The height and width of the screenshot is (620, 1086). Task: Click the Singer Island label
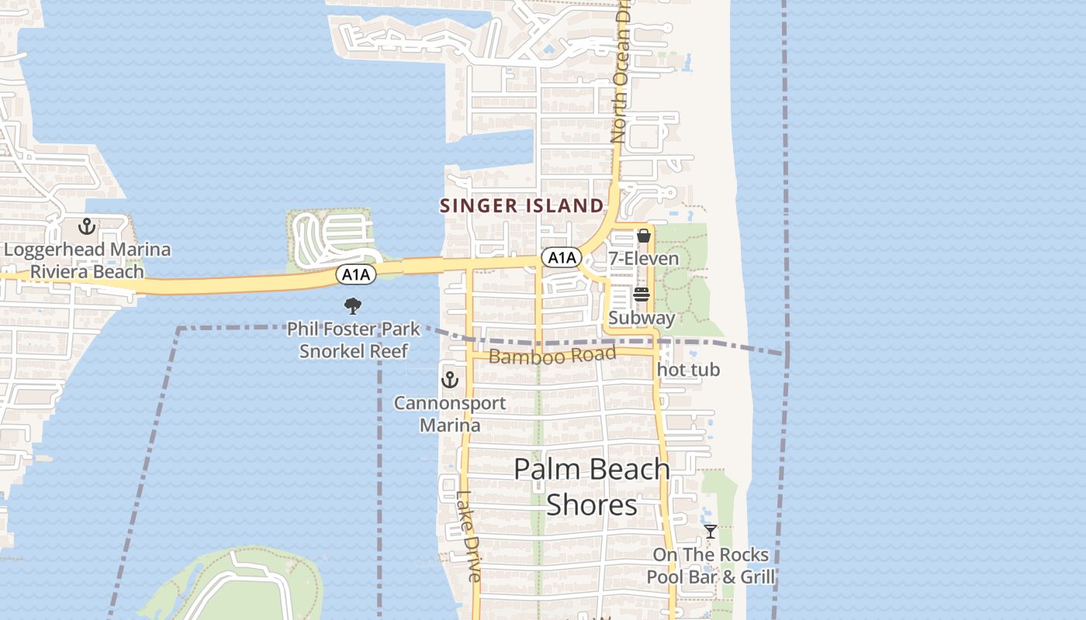(521, 205)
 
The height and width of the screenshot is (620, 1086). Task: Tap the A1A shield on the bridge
(356, 274)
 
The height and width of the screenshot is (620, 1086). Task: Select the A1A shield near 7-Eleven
(561, 258)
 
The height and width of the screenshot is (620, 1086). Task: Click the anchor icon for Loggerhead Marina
(87, 227)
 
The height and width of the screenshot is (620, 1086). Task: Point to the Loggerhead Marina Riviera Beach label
(87, 260)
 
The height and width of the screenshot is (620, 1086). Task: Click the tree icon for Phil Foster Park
(353, 305)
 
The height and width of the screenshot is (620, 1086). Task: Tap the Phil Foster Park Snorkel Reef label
(354, 339)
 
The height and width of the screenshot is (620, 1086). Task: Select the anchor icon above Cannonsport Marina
(449, 380)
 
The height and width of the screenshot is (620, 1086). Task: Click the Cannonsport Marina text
(450, 414)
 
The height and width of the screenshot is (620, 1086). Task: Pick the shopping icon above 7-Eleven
(643, 236)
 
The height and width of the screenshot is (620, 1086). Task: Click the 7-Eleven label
(643, 258)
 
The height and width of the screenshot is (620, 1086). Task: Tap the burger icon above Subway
(642, 294)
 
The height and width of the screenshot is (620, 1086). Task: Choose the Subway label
(642, 318)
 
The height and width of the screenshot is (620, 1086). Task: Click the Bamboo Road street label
(552, 356)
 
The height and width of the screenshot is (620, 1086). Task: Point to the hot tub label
(689, 370)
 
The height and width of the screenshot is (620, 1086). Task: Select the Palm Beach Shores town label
(592, 487)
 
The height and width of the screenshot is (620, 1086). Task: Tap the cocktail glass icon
(710, 532)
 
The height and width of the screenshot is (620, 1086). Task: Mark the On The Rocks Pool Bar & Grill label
(711, 566)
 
